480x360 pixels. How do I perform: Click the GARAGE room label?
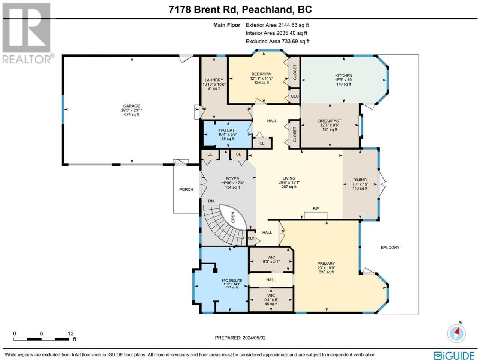point(131,106)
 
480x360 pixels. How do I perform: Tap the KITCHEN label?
point(344,76)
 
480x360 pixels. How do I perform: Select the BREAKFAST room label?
point(330,121)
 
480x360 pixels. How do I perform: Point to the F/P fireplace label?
point(316,209)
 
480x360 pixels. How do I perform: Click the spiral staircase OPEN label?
point(233,217)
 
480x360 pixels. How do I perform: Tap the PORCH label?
point(186,190)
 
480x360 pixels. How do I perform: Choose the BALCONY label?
point(390,247)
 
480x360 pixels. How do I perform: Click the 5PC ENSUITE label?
point(232,280)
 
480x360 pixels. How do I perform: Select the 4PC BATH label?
point(228,130)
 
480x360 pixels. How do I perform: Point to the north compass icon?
point(456,333)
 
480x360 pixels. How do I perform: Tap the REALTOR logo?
point(27,33)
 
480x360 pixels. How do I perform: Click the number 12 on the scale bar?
point(70,333)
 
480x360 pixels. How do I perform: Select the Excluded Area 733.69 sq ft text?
point(277,41)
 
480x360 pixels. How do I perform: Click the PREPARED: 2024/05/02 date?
point(240,338)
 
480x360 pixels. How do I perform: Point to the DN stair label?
point(211,201)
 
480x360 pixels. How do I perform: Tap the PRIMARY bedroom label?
point(326,264)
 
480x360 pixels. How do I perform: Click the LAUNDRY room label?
point(214,80)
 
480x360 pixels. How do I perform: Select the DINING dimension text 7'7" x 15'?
point(360,184)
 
